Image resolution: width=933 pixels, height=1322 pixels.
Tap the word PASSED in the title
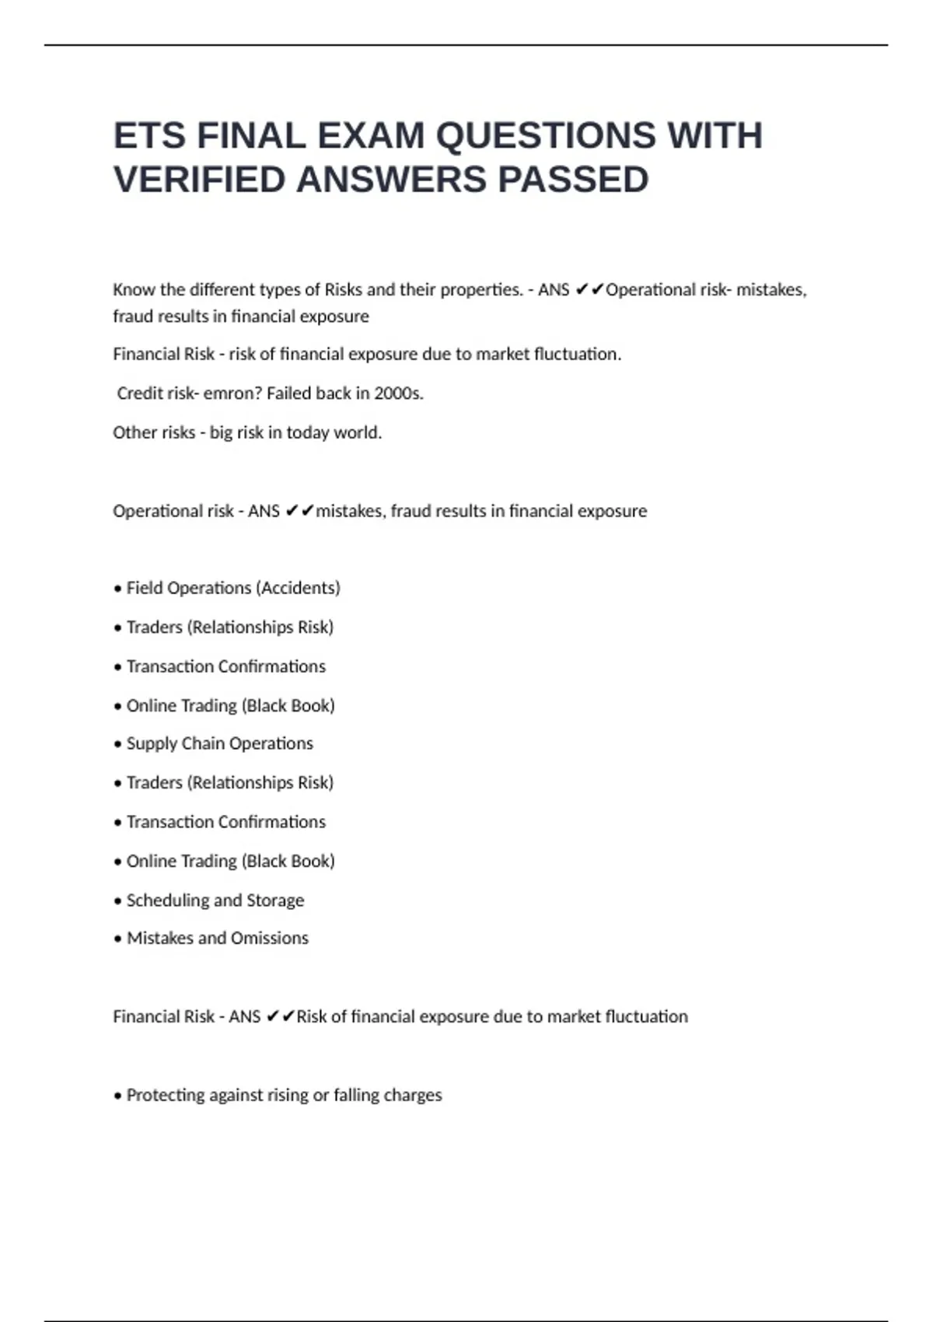tap(573, 180)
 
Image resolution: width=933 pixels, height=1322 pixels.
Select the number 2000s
tap(398, 393)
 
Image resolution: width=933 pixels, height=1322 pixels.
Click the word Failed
tap(288, 393)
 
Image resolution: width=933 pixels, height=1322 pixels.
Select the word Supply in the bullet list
tap(150, 743)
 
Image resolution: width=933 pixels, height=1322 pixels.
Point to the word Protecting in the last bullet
tap(164, 1096)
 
